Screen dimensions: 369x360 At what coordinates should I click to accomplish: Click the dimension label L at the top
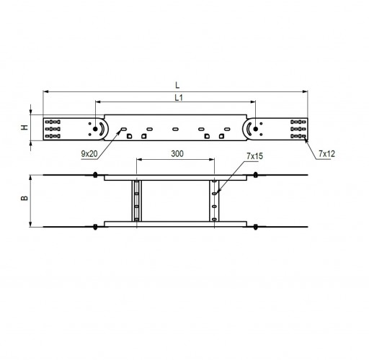177,85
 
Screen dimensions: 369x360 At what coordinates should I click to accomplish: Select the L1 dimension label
179,98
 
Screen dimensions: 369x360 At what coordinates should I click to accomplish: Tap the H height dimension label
25,127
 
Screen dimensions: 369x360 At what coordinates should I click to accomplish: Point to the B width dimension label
25,198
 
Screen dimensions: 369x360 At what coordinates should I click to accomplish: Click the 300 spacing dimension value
177,153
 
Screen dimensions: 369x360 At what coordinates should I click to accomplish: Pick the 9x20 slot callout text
89,154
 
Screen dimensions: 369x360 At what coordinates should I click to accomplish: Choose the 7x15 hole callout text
254,156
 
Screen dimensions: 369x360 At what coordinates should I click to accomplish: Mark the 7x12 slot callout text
326,154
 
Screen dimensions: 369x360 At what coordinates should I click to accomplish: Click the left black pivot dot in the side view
95,129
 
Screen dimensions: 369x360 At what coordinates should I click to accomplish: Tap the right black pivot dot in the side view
256,129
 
